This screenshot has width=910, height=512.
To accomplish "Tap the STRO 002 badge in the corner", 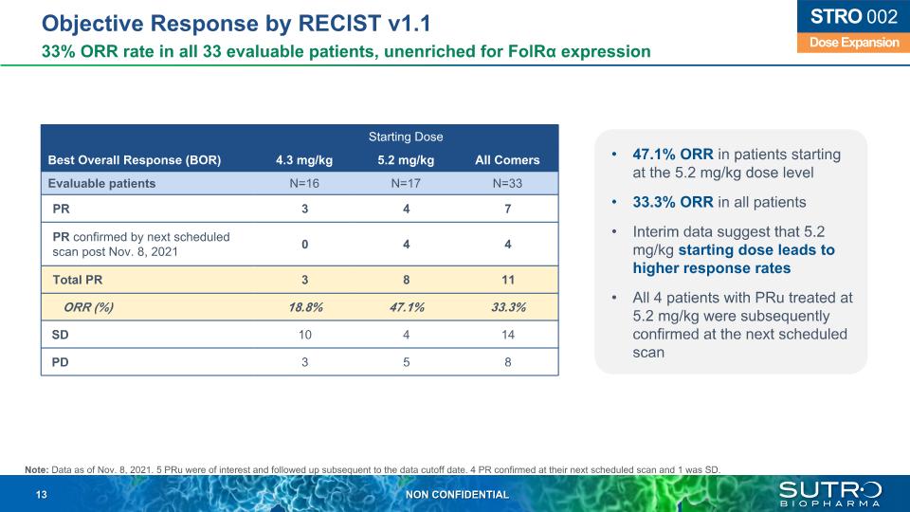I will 846,18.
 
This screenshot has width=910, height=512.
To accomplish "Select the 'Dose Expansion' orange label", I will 846,43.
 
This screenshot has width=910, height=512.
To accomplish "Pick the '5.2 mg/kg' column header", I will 406,159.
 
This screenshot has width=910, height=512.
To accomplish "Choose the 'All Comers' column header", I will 507,159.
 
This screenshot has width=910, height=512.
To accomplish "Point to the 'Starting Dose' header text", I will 406,137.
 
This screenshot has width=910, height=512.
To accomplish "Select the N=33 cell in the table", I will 507,183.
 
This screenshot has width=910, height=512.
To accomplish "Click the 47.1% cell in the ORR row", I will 406,307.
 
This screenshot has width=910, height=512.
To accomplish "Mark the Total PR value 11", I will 507,280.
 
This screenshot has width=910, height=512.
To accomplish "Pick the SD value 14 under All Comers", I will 507,335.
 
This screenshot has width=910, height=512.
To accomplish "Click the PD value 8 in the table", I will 507,361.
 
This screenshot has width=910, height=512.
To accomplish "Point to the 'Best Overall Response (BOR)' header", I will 134,159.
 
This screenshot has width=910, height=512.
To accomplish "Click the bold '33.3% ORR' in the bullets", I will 654,202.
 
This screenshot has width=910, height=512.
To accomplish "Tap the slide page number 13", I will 42,495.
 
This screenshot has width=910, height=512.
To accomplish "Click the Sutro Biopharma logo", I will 829,493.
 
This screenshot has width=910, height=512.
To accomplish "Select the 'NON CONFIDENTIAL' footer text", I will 457,495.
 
